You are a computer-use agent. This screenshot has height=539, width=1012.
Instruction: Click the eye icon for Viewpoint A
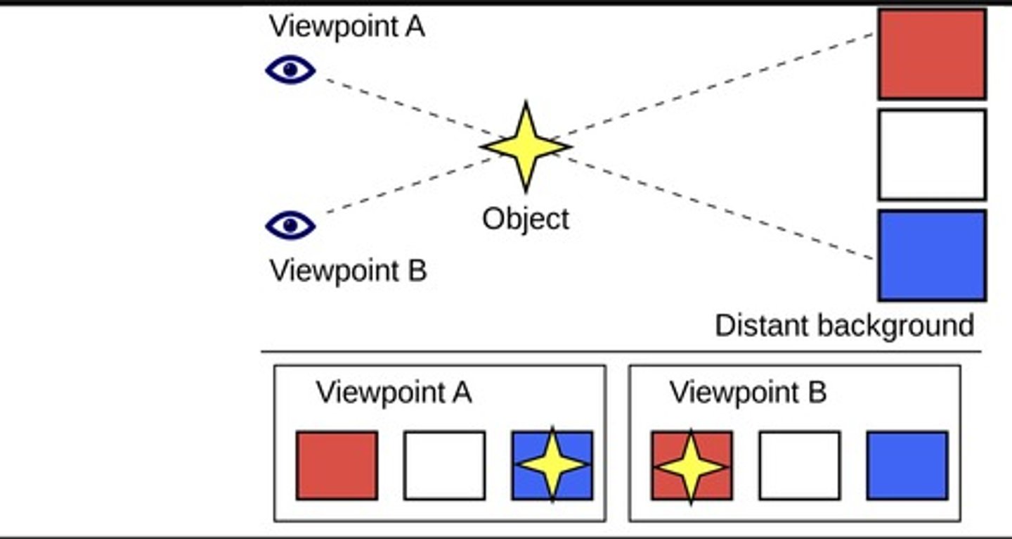coord(290,70)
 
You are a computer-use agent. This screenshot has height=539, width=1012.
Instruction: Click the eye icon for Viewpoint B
coord(290,225)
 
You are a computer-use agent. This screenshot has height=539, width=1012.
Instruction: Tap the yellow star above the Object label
coord(526,146)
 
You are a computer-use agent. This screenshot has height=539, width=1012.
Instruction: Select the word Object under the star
coord(526,219)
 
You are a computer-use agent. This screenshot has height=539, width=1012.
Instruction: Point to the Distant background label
coord(844,326)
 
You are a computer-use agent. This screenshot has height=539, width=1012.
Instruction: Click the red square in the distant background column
coord(932,54)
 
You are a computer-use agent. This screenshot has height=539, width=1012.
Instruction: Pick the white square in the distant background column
coord(932,155)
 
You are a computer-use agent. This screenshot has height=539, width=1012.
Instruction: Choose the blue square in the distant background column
coord(932,255)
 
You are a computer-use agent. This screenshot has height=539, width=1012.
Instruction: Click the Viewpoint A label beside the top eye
coord(347,27)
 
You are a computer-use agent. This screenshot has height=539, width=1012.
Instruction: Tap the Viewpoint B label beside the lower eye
coord(348,271)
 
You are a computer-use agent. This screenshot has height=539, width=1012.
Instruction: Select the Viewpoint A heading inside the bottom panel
coord(394,393)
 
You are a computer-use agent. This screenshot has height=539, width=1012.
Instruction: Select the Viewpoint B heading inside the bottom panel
coord(748,393)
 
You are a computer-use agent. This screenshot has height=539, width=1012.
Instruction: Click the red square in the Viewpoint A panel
coord(337,465)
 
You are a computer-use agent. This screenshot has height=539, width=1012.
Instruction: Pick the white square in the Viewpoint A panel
coord(444,465)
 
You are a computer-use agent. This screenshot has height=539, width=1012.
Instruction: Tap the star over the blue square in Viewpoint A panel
coord(552,465)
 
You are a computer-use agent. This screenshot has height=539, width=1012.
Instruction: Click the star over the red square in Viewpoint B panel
coord(691,466)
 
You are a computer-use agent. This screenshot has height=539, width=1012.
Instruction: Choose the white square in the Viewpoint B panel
coord(799,465)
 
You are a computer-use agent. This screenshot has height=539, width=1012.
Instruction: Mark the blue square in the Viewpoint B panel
coord(907,465)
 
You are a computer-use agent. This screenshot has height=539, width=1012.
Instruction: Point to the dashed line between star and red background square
coord(717,85)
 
